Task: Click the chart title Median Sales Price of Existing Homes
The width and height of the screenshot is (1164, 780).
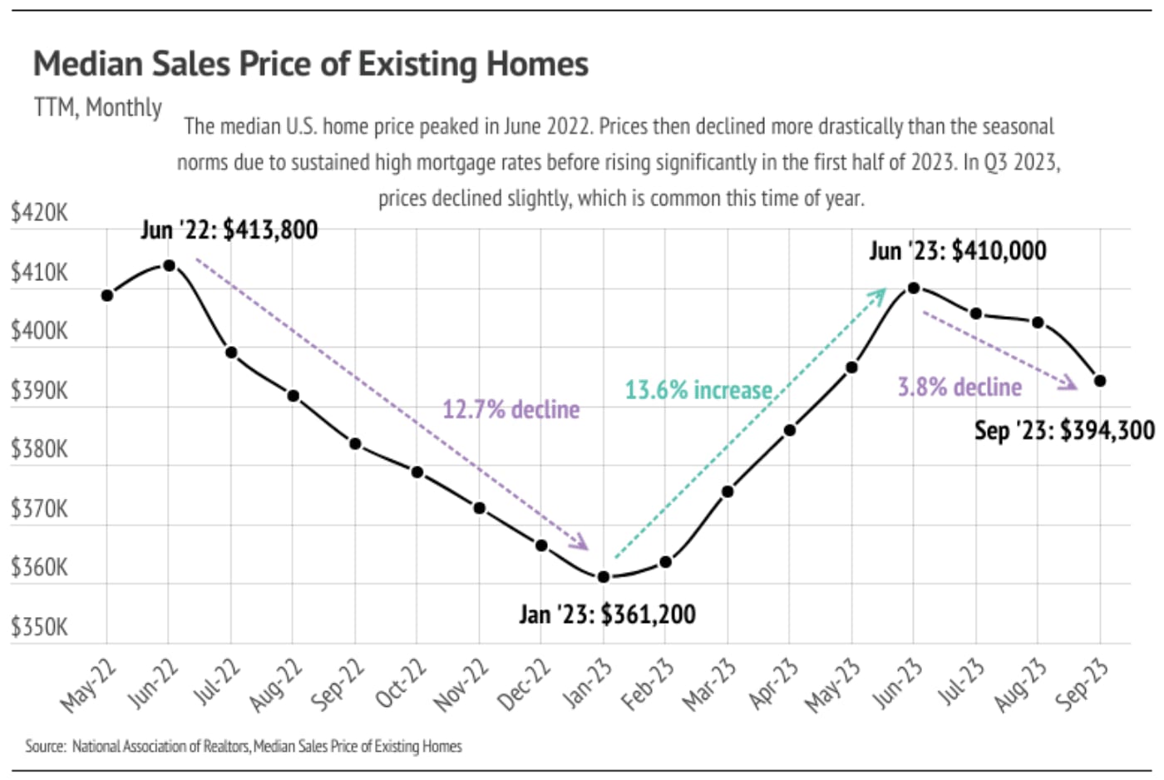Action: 310,64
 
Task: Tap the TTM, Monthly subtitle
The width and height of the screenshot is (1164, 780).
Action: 98,107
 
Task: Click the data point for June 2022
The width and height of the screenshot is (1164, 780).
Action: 169,265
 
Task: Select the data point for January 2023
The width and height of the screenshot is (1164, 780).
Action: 604,576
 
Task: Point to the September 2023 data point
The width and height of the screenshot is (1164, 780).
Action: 1100,381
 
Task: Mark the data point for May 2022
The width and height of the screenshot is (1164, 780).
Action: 107,295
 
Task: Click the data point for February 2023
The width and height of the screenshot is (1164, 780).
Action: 666,562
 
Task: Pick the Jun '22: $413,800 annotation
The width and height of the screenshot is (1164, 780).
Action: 229,230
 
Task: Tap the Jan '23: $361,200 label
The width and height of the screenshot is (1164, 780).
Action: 607,615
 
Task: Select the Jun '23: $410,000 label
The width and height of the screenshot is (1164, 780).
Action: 958,250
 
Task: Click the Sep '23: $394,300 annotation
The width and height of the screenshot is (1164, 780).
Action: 1064,430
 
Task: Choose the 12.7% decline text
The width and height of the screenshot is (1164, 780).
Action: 510,409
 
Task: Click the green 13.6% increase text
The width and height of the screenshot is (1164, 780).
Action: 698,390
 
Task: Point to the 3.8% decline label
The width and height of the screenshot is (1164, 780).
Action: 959,387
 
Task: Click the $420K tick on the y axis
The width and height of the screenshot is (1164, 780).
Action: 39,213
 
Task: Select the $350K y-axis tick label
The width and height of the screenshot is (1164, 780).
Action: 39,627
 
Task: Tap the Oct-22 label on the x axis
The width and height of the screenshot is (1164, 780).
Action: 400,683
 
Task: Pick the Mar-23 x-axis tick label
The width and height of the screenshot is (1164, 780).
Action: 709,684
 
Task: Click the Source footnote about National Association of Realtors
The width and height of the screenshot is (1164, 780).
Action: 244,746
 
